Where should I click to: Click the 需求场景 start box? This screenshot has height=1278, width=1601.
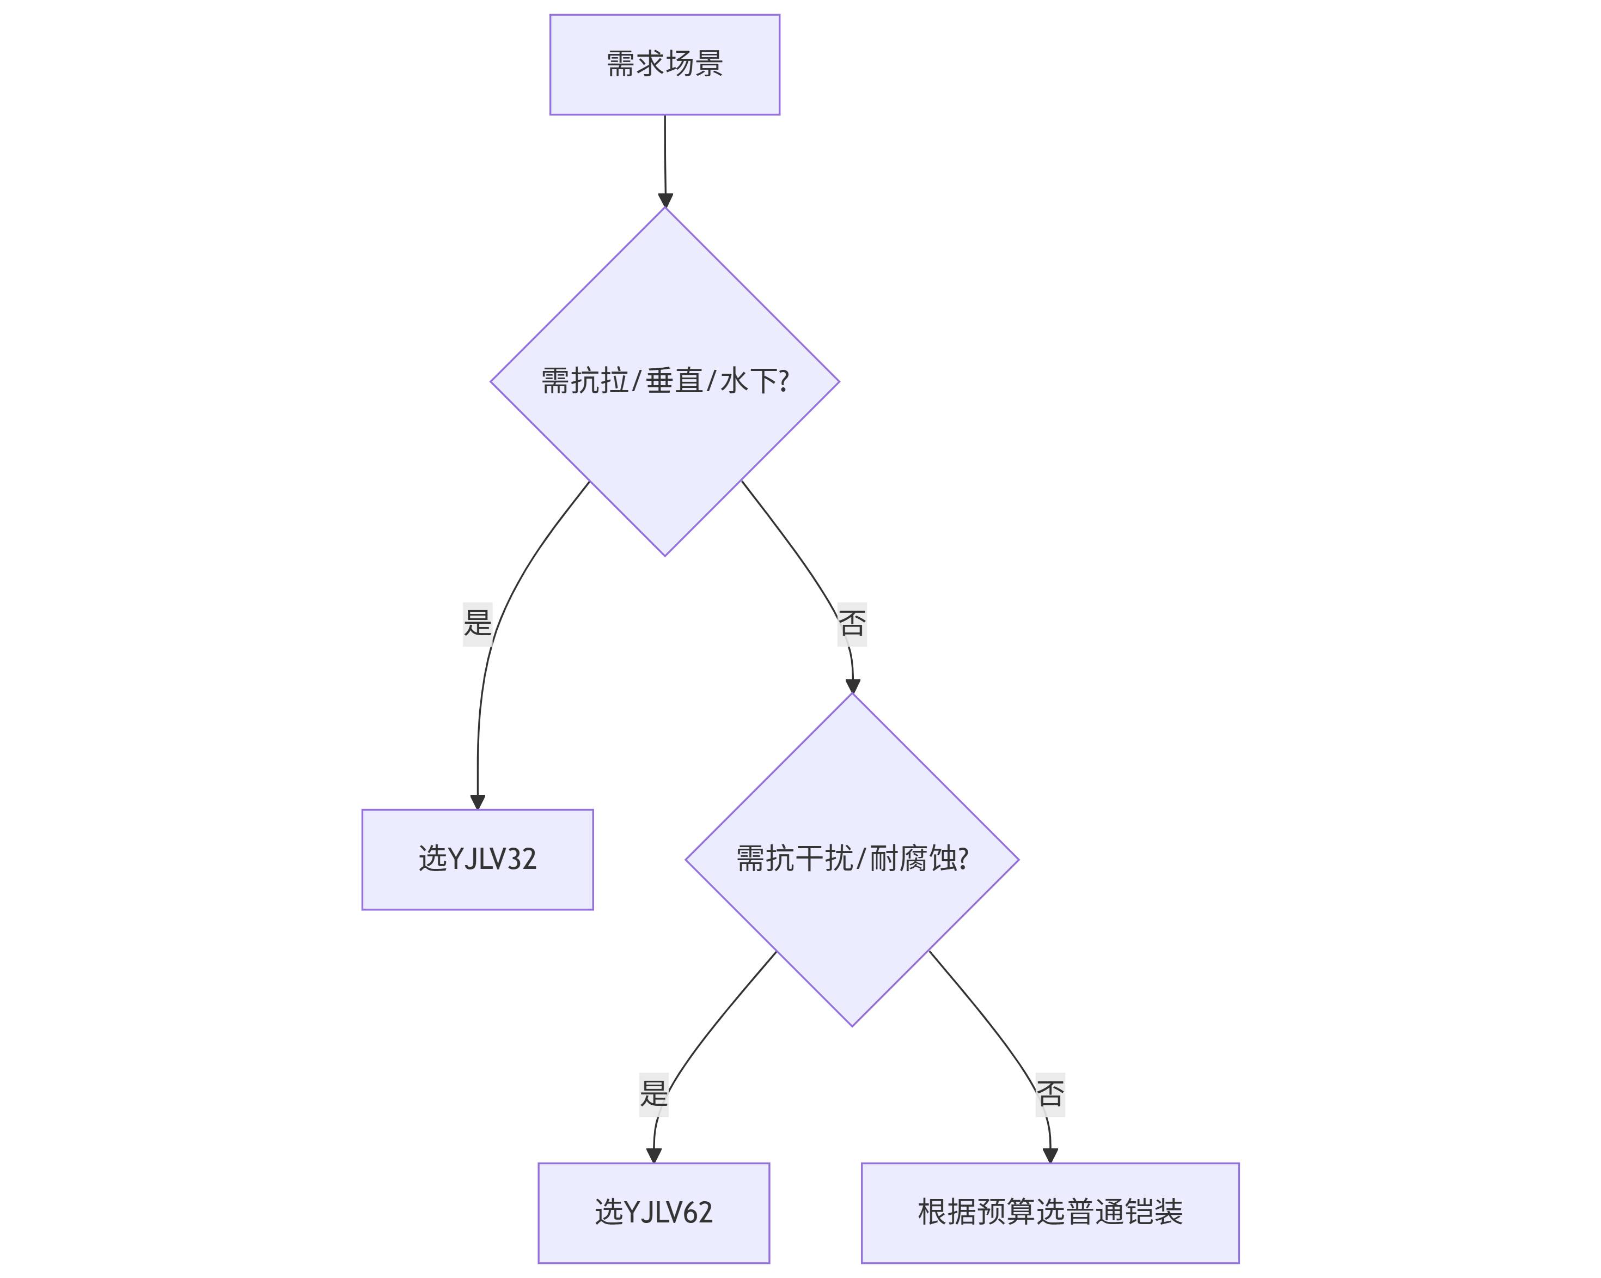tap(664, 65)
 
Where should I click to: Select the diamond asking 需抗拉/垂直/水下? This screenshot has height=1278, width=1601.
tap(664, 381)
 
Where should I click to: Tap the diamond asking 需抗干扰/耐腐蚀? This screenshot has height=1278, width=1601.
tap(852, 860)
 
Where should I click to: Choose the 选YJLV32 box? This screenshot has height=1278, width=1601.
tap(478, 860)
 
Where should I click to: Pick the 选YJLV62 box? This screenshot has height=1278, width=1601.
tap(653, 1213)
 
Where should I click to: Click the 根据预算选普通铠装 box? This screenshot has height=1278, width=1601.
tap(1050, 1213)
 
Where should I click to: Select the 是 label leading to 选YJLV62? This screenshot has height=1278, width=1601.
tap(653, 1094)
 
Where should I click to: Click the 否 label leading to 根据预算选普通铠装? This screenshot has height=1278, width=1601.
tap(1050, 1094)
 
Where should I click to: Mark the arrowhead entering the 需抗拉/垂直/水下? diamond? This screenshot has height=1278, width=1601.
tap(665, 200)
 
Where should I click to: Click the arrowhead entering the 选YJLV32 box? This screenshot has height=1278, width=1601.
tap(478, 802)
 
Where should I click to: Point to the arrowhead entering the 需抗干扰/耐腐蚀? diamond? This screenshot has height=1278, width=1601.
tap(852, 686)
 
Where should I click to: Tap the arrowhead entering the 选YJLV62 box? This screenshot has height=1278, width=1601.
tap(653, 1156)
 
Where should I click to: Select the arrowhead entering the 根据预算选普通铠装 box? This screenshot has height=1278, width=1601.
tap(1050, 1156)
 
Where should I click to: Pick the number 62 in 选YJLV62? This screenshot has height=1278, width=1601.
tap(698, 1213)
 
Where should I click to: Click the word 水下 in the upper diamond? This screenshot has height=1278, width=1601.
tap(749, 381)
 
